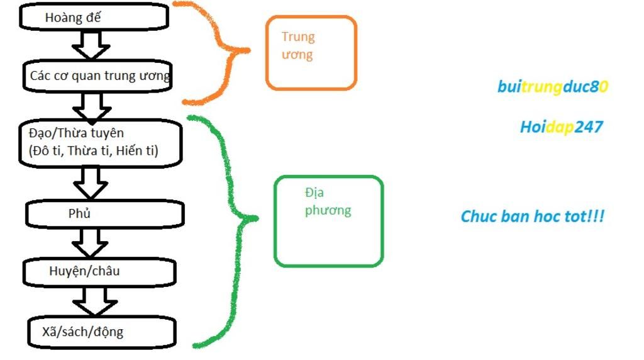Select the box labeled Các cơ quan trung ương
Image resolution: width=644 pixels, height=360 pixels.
(98, 76)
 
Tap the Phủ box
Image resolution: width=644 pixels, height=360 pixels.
(104, 214)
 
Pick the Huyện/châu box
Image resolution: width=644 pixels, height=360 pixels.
(99, 272)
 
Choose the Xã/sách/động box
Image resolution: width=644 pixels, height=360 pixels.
(101, 331)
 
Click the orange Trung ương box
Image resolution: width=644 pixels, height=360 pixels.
(311, 52)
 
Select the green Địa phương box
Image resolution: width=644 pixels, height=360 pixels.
(328, 220)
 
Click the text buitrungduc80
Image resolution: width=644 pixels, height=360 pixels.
(553, 87)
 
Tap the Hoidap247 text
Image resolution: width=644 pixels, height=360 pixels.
(561, 127)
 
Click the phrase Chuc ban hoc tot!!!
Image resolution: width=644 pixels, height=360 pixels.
(533, 217)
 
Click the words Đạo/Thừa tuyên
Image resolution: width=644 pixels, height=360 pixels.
(77, 133)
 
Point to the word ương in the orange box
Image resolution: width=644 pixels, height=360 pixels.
(297, 55)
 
